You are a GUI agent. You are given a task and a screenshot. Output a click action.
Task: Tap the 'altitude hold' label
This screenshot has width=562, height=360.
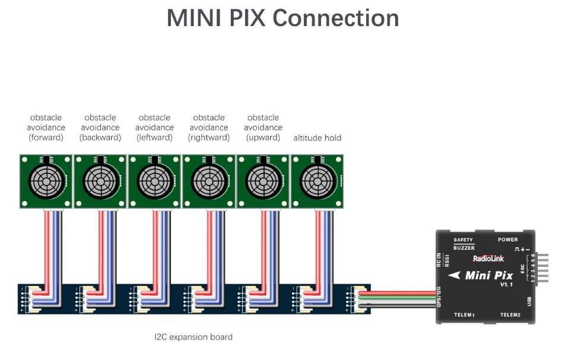(317, 138)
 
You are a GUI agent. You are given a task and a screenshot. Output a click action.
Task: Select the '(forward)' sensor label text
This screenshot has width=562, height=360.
(46, 138)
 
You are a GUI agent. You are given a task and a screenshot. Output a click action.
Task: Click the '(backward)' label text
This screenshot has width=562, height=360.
(100, 138)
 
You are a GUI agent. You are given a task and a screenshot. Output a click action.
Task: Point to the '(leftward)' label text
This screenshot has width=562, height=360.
(154, 138)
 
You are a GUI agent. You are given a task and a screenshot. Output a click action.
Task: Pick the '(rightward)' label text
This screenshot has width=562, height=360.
(209, 138)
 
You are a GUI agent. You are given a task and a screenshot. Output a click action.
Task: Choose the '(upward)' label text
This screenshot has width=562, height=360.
(263, 138)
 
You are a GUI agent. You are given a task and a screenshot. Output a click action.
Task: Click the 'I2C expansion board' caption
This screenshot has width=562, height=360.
(193, 337)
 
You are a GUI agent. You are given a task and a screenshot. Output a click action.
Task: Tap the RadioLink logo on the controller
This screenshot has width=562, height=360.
(488, 258)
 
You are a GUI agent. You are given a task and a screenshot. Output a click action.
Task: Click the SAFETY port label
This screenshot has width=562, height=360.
(463, 240)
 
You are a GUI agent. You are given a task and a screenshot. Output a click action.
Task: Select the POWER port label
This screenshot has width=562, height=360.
(508, 239)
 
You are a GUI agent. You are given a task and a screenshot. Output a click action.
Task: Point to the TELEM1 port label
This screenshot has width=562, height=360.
(464, 315)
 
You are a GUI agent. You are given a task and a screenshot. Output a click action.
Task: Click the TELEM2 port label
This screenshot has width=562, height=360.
(510, 315)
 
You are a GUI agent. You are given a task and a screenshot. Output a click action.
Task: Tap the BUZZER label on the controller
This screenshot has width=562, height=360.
(464, 248)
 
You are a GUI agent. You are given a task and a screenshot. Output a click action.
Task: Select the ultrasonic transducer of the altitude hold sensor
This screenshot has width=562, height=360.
(317, 181)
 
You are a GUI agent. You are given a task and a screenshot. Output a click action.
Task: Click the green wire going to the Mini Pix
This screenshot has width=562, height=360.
(401, 297)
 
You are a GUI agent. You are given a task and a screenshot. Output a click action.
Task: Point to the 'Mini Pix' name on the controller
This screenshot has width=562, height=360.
(489, 275)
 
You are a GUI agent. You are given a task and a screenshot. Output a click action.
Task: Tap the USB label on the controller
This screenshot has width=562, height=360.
(529, 301)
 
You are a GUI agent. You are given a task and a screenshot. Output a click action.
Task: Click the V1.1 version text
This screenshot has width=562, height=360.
(506, 285)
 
